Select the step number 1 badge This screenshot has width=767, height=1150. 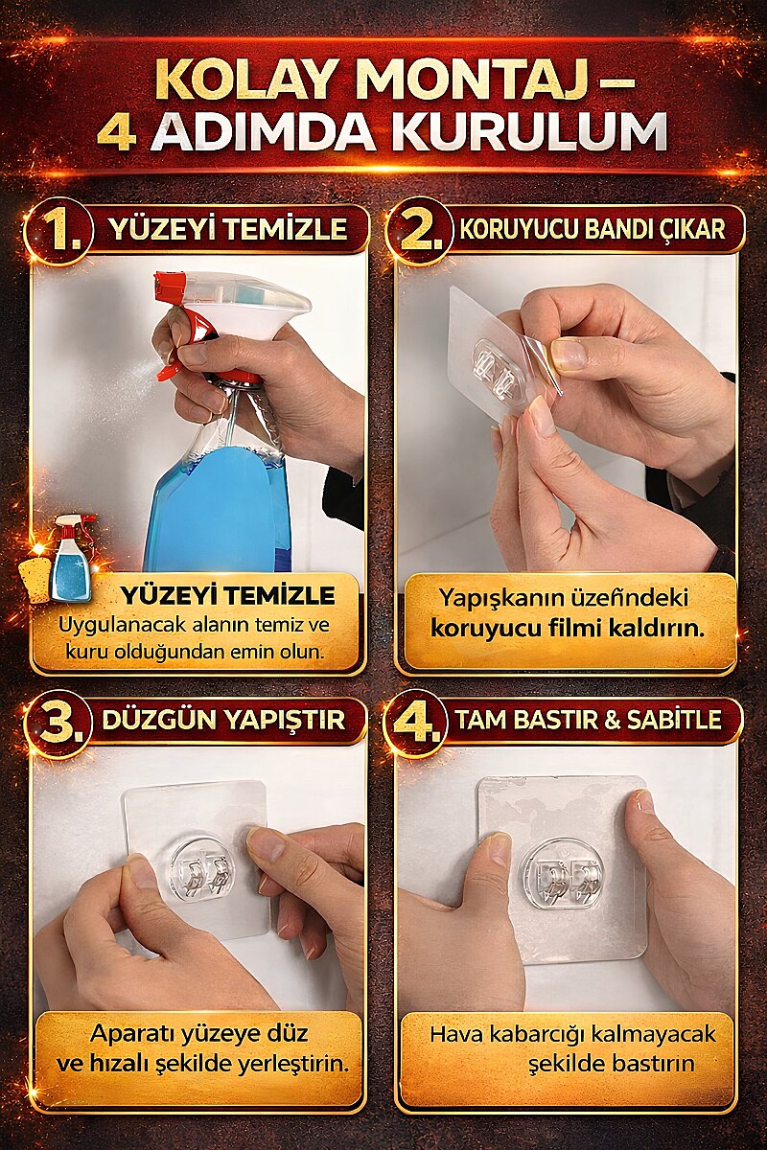[x=61, y=233]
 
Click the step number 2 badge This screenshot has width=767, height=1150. [x=420, y=233]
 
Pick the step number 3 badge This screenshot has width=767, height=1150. [x=61, y=724]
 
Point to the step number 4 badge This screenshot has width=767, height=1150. [x=419, y=724]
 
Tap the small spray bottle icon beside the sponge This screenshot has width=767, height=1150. [x=71, y=557]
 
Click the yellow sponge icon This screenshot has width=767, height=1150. [x=36, y=579]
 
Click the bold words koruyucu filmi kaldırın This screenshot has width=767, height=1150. [x=568, y=629]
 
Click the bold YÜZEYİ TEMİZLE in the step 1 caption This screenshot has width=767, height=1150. [x=227, y=595]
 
